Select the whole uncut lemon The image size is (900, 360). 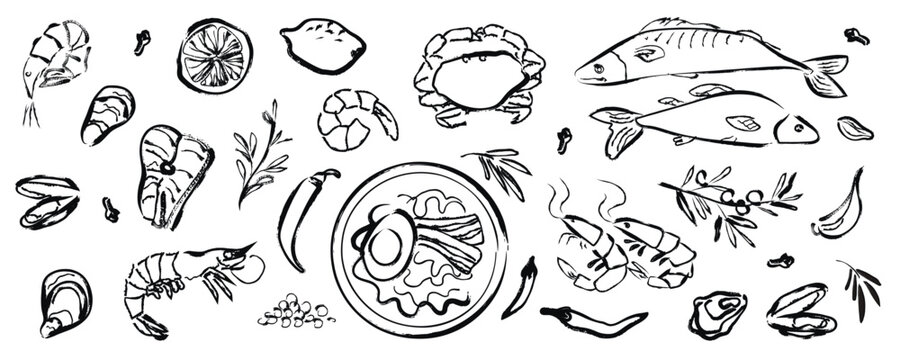322,44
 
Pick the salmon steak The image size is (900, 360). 172,175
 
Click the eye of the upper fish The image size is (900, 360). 599,69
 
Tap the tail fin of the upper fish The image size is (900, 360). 827,75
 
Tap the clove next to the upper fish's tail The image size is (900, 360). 856,36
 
